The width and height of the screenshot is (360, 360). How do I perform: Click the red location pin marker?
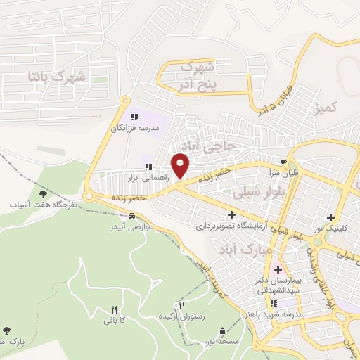[181, 166]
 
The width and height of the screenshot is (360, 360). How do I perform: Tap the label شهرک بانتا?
[56, 75]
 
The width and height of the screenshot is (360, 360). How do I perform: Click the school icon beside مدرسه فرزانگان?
[134, 117]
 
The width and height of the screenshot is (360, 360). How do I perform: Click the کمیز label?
[328, 107]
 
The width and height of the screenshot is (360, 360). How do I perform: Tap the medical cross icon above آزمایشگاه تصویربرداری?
[231, 214]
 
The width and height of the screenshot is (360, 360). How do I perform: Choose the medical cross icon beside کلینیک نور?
[330, 217]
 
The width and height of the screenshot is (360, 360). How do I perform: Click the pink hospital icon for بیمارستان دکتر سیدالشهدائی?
[277, 270]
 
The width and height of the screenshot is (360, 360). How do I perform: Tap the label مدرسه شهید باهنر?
[274, 314]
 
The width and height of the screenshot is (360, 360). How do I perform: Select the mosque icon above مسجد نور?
[223, 331]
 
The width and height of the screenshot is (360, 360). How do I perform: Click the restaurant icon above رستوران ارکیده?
[182, 306]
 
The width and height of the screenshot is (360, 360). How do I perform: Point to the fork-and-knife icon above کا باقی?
[114, 309]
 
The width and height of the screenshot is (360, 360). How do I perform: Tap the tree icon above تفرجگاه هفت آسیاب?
[44, 193]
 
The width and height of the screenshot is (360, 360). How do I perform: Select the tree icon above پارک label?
[6, 330]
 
